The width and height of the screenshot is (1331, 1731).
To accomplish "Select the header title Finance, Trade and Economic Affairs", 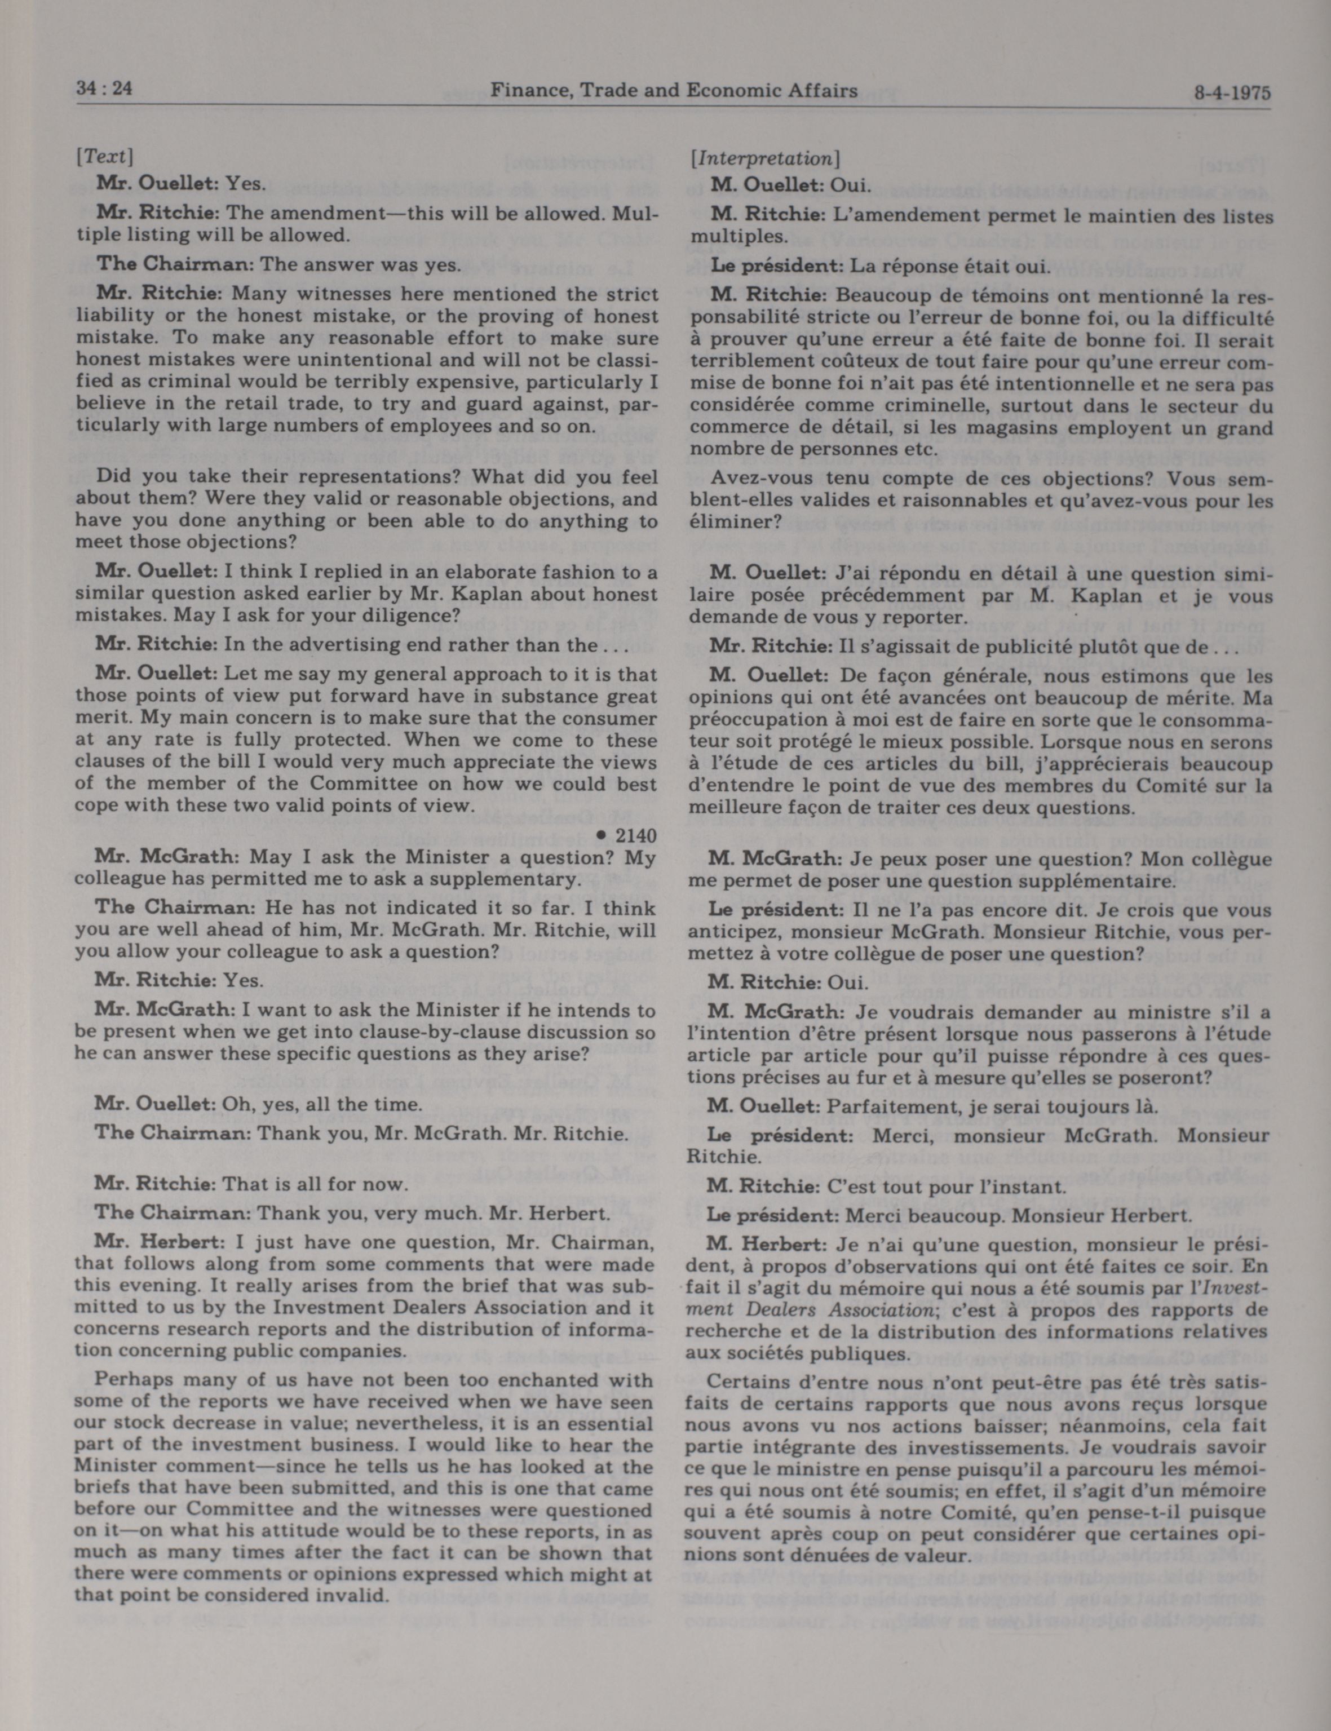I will pos(674,90).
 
